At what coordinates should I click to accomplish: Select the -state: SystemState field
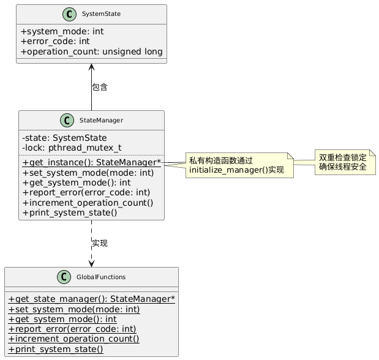64,138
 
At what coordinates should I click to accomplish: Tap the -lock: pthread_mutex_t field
71,148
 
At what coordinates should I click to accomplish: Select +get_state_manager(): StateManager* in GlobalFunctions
92,299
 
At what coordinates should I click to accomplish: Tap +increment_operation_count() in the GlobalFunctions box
73,339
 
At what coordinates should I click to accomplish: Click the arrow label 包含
100,88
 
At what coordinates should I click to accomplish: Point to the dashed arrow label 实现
100,244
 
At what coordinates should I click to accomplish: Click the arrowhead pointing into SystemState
91,67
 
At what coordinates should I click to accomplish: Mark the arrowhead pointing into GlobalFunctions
91,263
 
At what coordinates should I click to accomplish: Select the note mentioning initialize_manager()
236,165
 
